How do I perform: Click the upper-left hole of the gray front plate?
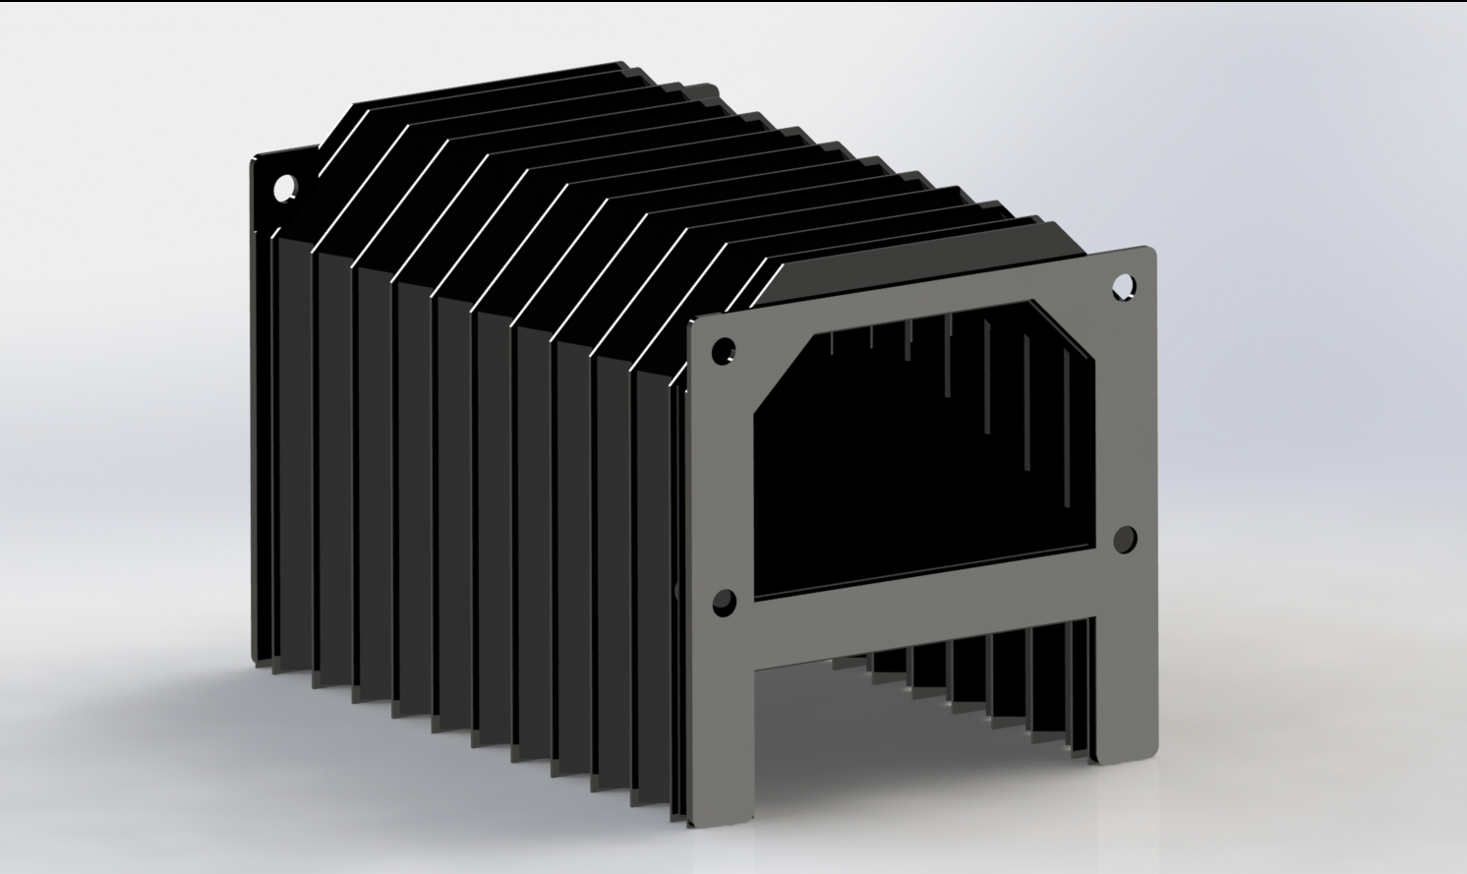click(x=723, y=350)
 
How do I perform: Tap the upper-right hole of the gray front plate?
click(x=1122, y=286)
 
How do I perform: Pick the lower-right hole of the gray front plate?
click(x=1125, y=538)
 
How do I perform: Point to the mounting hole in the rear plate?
click(x=284, y=186)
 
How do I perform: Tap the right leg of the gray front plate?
click(x=1127, y=669)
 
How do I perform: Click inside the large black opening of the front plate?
click(x=924, y=472)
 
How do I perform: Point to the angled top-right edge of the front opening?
click(x=1067, y=334)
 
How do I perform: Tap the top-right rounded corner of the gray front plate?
click(x=1148, y=251)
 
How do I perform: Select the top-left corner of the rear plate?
click(x=256, y=157)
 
